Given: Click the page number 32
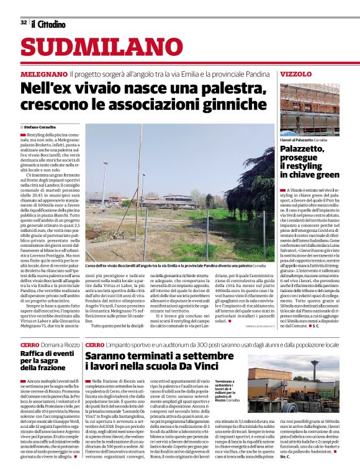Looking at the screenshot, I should pyautogui.click(x=23, y=23).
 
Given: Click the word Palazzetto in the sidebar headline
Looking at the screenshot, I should pyautogui.click(x=302, y=150).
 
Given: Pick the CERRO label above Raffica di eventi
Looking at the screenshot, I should pyautogui.click(x=30, y=344).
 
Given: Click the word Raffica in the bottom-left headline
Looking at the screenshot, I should pyautogui.click(x=35, y=353).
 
